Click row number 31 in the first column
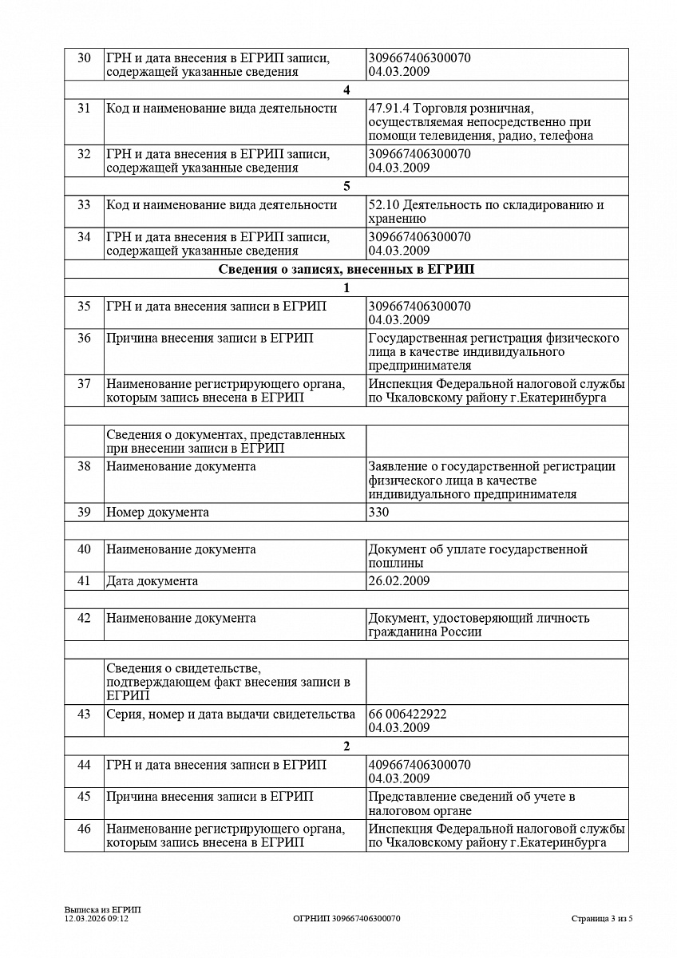click(x=84, y=109)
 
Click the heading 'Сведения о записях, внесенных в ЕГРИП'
click(x=346, y=270)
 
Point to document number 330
click(x=379, y=512)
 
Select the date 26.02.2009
click(x=399, y=580)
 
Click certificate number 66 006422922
click(x=408, y=714)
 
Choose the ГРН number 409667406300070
click(x=420, y=765)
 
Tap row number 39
click(x=84, y=512)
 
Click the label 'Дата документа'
click(x=152, y=580)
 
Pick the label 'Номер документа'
click(x=158, y=512)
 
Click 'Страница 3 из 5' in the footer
click(x=602, y=918)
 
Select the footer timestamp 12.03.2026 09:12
click(x=97, y=918)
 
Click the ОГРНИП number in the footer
click(x=346, y=918)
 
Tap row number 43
click(x=84, y=714)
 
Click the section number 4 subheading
click(x=346, y=89)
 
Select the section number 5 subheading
click(x=346, y=186)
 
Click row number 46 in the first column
click(x=84, y=829)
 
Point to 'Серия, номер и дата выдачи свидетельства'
click(x=231, y=714)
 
